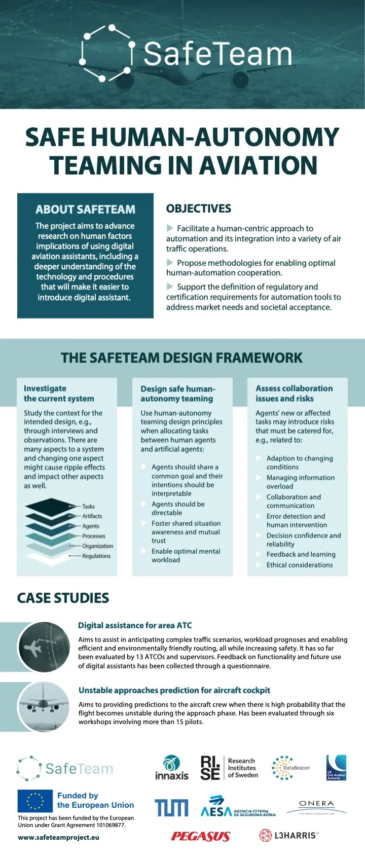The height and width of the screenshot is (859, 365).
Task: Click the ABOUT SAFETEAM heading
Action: pyautogui.click(x=85, y=209)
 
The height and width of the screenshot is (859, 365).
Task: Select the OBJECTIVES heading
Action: pyautogui.click(x=199, y=208)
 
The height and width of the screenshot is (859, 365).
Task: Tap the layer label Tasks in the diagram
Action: pyautogui.click(x=89, y=506)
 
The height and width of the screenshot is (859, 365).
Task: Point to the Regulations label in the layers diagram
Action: pyautogui.click(x=96, y=556)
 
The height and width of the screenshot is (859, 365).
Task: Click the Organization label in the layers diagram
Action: pyautogui.click(x=98, y=546)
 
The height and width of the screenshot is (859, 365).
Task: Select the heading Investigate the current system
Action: pyautogui.click(x=59, y=393)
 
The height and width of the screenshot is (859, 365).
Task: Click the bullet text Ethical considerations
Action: pyautogui.click(x=300, y=565)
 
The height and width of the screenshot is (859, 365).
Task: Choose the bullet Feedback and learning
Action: pyautogui.click(x=301, y=554)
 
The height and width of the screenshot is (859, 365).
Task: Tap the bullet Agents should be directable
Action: pyautogui.click(x=178, y=508)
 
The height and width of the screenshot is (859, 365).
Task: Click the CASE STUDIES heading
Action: pyautogui.click(x=63, y=598)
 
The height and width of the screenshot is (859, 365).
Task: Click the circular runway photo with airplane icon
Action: pyautogui.click(x=44, y=647)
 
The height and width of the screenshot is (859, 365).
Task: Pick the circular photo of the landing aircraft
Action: pyautogui.click(x=44, y=706)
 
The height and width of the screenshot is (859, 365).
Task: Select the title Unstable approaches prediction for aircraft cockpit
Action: pyautogui.click(x=174, y=690)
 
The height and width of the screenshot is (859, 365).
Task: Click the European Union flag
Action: pyautogui.click(x=35, y=801)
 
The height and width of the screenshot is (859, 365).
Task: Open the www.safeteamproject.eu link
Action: pyautogui.click(x=58, y=837)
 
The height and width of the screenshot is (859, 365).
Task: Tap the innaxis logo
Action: pyautogui.click(x=171, y=768)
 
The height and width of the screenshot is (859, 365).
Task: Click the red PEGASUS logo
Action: pyautogui.click(x=201, y=836)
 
